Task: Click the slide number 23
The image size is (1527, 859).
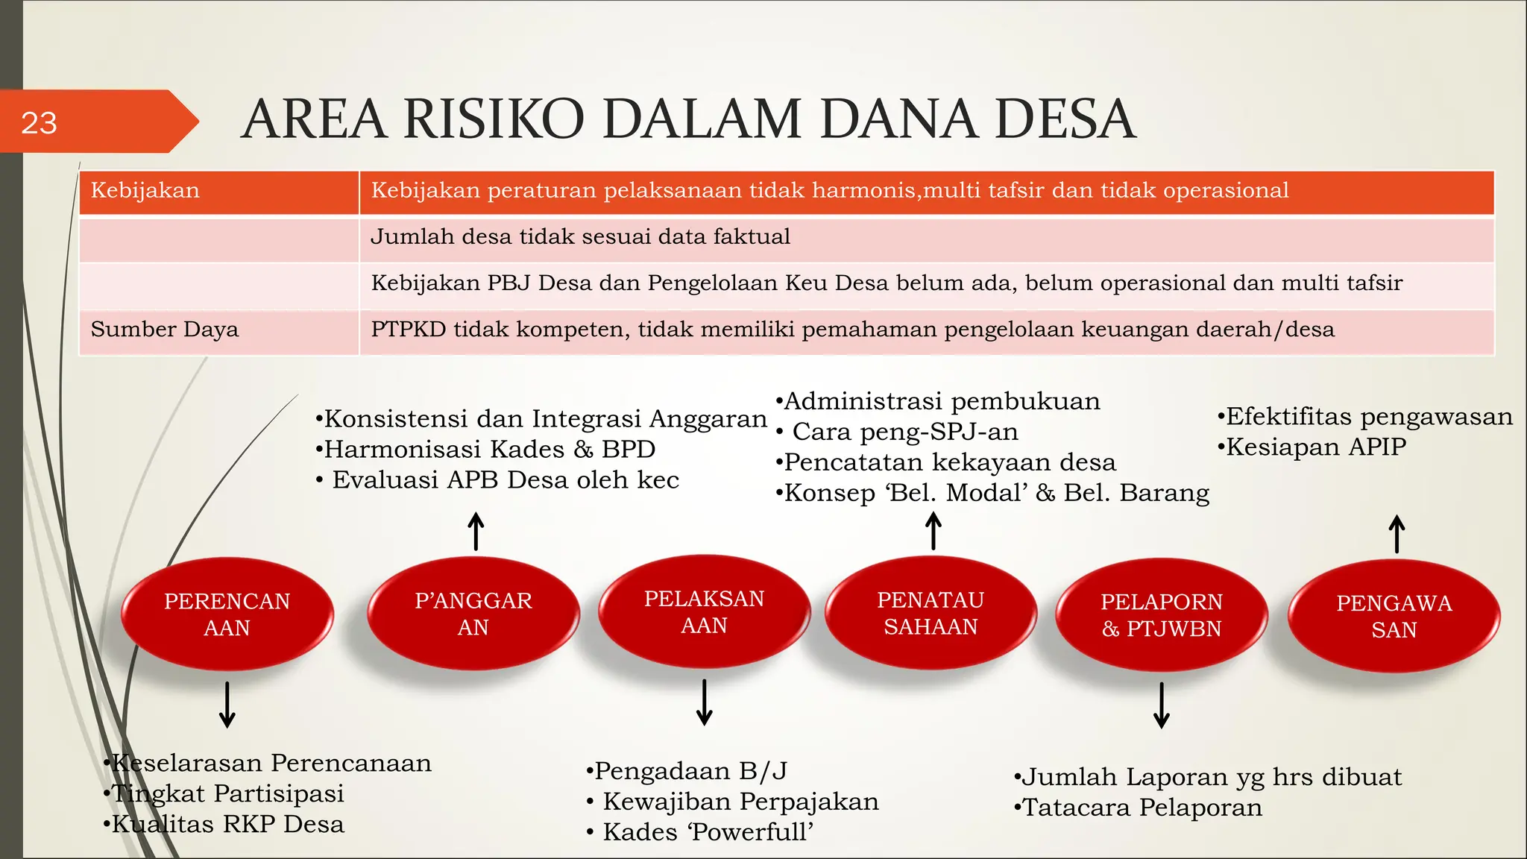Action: coord(39,123)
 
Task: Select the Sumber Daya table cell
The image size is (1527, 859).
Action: coord(165,330)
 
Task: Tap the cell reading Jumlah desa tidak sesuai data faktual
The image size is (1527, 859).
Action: coord(580,237)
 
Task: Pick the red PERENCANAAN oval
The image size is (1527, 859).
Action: coord(227,614)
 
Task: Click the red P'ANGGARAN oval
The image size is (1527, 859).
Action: coord(473,613)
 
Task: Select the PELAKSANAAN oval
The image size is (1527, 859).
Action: coord(704,611)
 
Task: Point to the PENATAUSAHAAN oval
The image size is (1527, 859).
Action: coord(931,613)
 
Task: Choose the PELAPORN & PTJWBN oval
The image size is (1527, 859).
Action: coord(1161,614)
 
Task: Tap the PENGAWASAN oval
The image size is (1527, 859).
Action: coord(1394,616)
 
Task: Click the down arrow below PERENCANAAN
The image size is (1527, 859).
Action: coord(227,704)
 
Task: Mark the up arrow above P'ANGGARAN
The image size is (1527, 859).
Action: coord(476,531)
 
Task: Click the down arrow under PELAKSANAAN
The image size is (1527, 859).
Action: coord(704,702)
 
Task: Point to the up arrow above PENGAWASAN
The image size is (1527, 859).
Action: coord(1397,534)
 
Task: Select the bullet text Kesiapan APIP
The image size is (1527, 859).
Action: coord(1315,447)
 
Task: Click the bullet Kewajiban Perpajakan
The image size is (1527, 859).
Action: coord(740,802)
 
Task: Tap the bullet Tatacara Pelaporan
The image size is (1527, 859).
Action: coord(1141,808)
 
